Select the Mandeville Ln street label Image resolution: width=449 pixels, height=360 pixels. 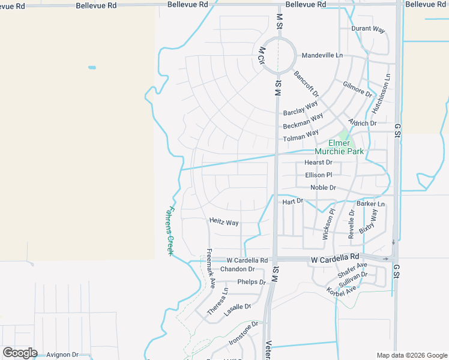pos(322,55)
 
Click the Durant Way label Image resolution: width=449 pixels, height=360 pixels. pos(368,29)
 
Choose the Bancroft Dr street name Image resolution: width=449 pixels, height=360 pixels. pos(306,85)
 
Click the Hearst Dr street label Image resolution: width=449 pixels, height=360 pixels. pos(318,163)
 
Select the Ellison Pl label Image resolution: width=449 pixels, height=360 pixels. pos(318,175)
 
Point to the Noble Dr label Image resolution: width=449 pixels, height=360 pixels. pos(323,188)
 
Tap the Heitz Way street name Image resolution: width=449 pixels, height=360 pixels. pos(224,222)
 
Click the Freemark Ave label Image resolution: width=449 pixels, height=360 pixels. pos(211,268)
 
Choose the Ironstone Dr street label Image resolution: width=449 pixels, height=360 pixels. pos(243,333)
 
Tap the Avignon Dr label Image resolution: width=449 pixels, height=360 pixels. pos(62,355)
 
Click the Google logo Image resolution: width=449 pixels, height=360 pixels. pos(20,353)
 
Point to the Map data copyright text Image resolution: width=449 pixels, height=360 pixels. pos(411,355)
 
